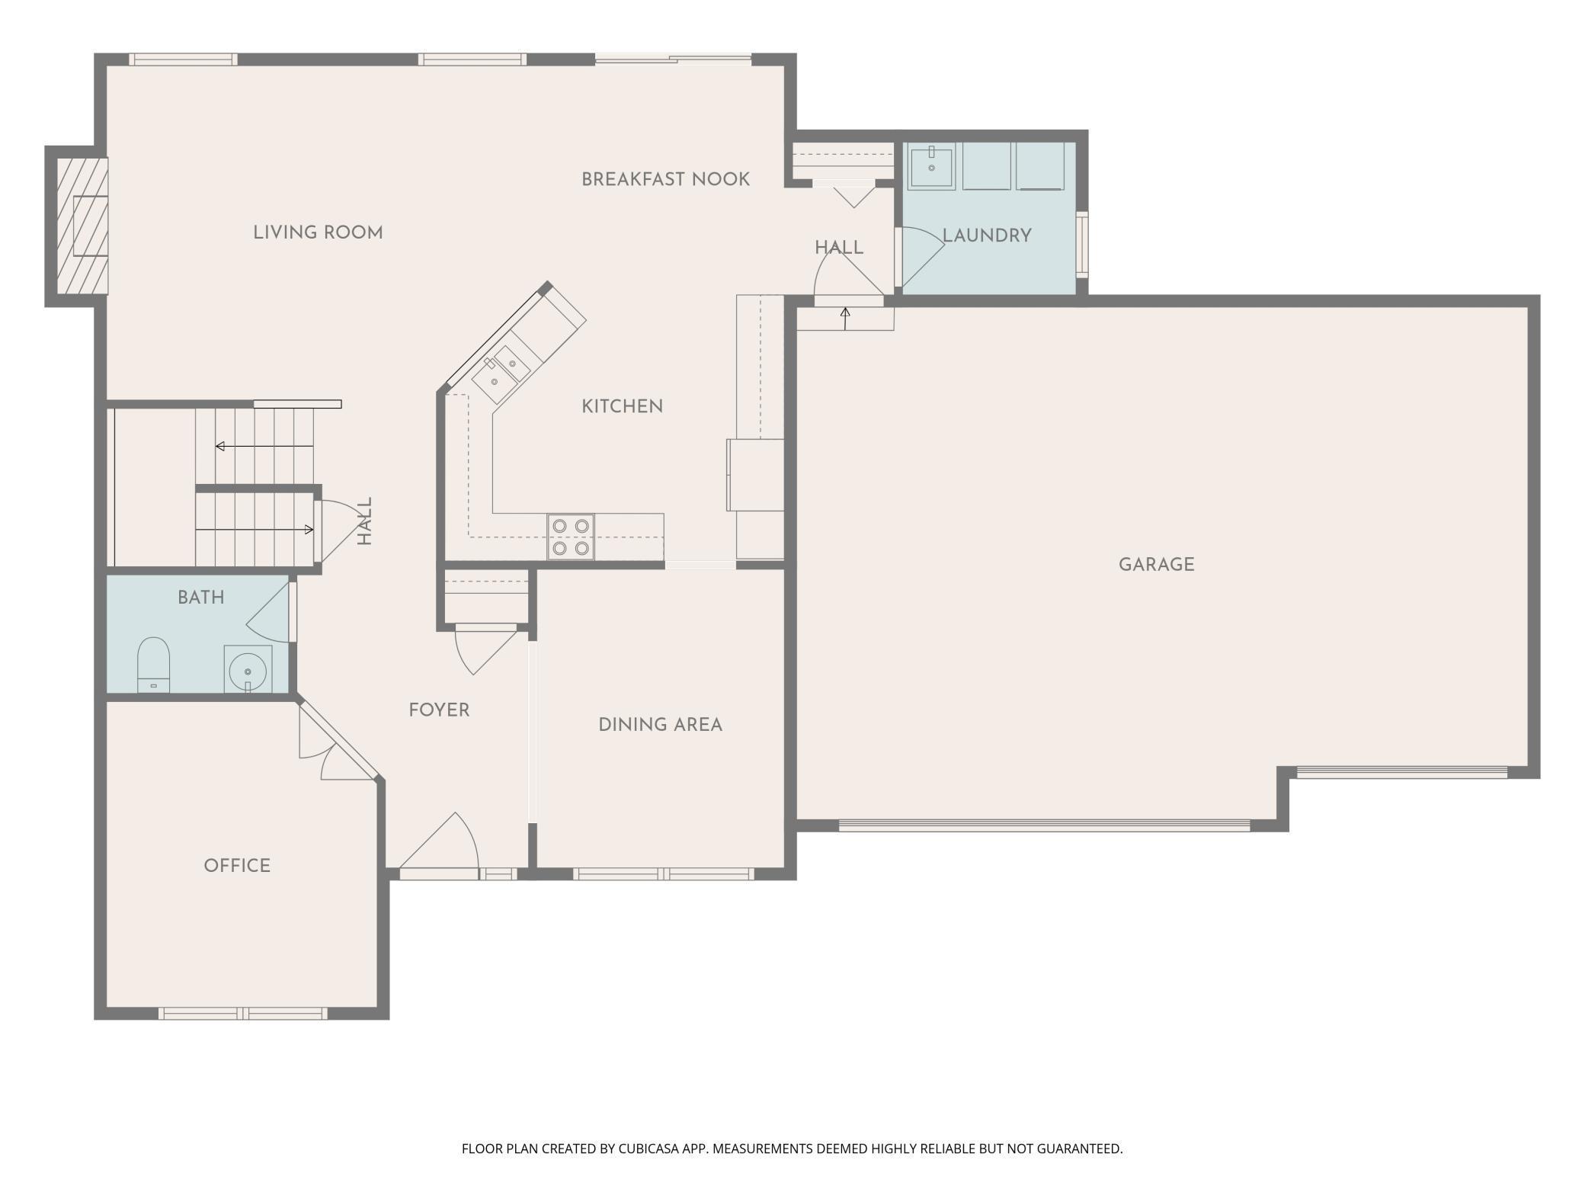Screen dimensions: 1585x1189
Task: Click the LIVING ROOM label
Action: (318, 232)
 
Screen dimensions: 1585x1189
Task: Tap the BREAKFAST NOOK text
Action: (665, 179)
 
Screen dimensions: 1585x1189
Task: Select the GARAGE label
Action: (1156, 565)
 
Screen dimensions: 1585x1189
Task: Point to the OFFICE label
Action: (237, 866)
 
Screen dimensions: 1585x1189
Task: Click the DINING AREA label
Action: (660, 725)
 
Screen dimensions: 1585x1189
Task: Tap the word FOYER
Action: (439, 710)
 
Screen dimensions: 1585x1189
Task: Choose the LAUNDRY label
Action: (988, 236)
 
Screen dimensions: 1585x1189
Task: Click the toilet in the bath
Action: (153, 665)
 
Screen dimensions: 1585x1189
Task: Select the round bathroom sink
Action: (248, 670)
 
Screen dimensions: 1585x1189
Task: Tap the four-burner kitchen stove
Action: (571, 537)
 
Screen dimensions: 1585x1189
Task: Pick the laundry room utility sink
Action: (931, 166)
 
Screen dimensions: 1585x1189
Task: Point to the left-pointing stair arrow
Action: (264, 446)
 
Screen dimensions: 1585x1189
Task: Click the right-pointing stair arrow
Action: (255, 530)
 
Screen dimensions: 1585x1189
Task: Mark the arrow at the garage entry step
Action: (845, 319)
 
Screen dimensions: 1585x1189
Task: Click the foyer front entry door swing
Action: (439, 841)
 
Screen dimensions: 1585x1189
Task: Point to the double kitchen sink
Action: (501, 374)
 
